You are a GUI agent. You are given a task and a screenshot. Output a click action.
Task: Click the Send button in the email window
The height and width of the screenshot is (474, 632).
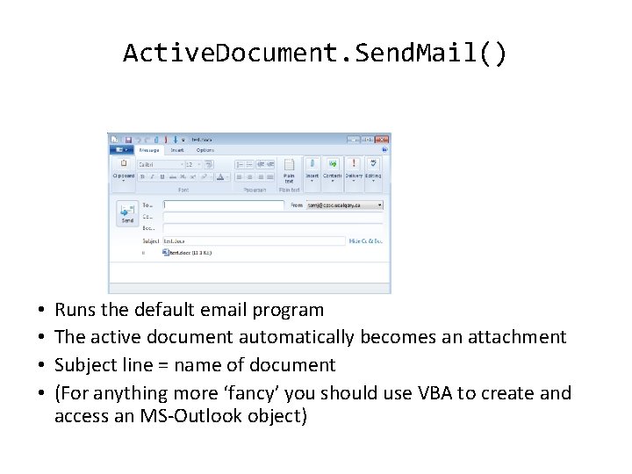click(127, 213)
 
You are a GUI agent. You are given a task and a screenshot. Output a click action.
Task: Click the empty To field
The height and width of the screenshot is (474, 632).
click(224, 205)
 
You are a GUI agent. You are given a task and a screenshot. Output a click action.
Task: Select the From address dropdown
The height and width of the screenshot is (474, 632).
click(344, 205)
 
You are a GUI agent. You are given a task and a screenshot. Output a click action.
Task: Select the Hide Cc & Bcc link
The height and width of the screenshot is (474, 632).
click(365, 240)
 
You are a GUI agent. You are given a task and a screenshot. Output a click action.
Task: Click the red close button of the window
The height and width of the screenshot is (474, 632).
click(381, 139)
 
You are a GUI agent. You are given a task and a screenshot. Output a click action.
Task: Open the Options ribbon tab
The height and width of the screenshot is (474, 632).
click(205, 150)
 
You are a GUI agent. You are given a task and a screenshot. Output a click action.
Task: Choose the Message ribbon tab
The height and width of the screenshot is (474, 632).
click(149, 150)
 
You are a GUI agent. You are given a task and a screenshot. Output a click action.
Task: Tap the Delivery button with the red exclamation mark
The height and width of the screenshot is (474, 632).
click(354, 169)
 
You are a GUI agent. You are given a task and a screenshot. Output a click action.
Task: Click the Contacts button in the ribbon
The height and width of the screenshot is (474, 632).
click(332, 169)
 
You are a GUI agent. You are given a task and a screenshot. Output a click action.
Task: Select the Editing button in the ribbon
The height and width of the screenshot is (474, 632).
click(374, 169)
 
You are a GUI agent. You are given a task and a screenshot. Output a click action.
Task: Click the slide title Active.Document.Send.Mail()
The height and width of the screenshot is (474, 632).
click(315, 54)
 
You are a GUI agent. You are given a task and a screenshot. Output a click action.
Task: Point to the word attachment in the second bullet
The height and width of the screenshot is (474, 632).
click(521, 337)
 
